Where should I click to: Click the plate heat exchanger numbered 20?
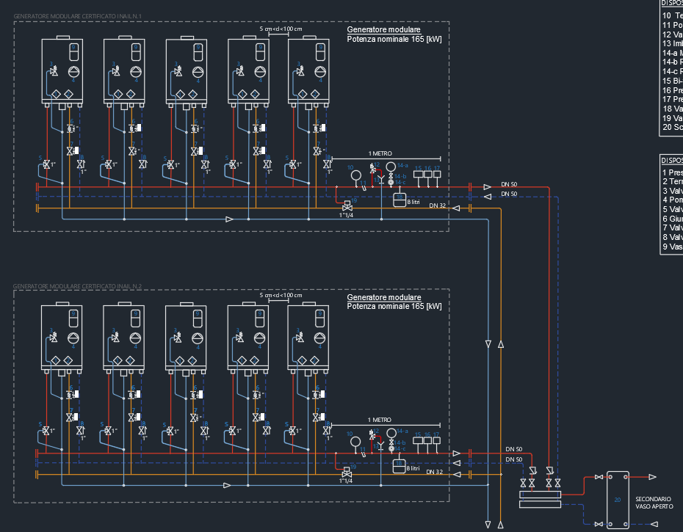pyautogui.click(x=618, y=499)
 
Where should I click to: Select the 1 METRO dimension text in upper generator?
pyautogui.click(x=380, y=153)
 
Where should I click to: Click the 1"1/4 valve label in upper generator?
pyautogui.click(x=346, y=214)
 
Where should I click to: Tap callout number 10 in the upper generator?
pyautogui.click(x=350, y=168)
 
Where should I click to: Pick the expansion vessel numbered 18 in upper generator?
pyautogui.click(x=400, y=199)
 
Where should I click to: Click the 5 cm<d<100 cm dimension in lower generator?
pyautogui.click(x=281, y=294)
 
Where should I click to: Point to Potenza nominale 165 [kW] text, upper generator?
pyautogui.click(x=394, y=37)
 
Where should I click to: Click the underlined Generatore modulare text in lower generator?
pyautogui.click(x=383, y=297)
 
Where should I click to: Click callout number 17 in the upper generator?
pyautogui.click(x=437, y=168)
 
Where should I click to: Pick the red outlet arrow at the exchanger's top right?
pyautogui.click(x=651, y=476)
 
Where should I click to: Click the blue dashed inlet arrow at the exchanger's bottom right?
pyautogui.click(x=651, y=524)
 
